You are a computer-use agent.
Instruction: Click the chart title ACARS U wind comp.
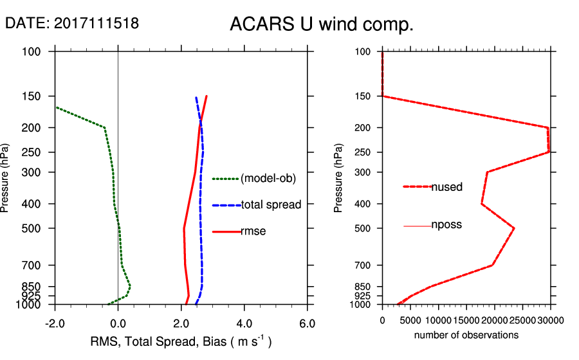pyautogui.click(x=321, y=25)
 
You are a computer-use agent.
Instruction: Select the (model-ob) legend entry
pyautogui.click(x=268, y=179)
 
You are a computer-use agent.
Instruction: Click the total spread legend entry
pyautogui.click(x=271, y=205)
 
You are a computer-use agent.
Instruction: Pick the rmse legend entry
pyautogui.click(x=253, y=231)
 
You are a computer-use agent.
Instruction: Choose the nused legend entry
pyautogui.click(x=447, y=187)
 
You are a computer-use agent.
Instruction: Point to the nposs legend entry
pyautogui.click(x=446, y=225)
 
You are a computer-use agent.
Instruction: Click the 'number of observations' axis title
pyautogui.click(x=466, y=335)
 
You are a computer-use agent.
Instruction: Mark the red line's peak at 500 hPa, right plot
pyautogui.click(x=513, y=228)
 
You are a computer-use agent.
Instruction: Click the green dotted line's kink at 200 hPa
pyautogui.click(x=105, y=127)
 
